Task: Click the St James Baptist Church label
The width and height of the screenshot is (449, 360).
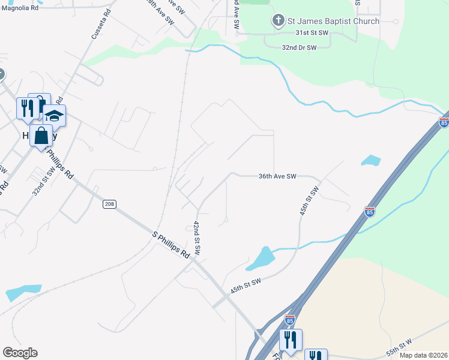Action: (x=333, y=21)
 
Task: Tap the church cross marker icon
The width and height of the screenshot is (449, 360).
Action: (x=278, y=22)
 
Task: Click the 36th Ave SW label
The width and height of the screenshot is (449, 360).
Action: (x=277, y=176)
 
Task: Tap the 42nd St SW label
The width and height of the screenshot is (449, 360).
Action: (x=196, y=236)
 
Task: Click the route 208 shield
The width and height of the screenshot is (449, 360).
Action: (x=109, y=205)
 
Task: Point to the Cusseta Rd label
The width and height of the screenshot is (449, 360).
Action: (x=101, y=24)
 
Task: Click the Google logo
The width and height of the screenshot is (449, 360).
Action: (x=20, y=353)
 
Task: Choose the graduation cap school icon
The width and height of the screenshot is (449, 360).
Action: (x=54, y=116)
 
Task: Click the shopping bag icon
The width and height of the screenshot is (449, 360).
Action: (x=41, y=136)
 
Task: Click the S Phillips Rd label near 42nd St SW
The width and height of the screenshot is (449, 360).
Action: (x=170, y=246)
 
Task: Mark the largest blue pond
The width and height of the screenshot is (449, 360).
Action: (x=260, y=259)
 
